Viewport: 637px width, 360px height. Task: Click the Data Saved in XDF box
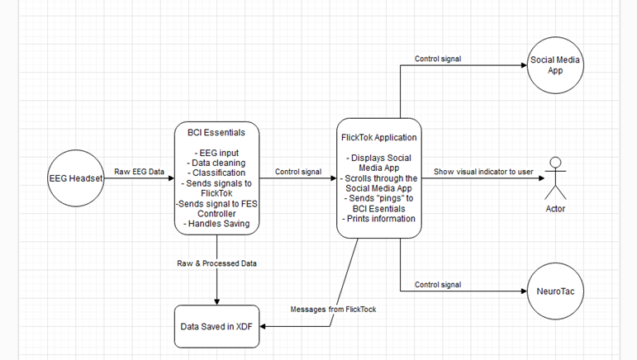(216, 327)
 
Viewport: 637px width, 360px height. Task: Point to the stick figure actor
(555, 178)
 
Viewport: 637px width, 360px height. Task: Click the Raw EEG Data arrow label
(140, 171)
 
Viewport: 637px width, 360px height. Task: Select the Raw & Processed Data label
(216, 263)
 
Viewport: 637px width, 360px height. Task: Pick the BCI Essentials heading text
(216, 132)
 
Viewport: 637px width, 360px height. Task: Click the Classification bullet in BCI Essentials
(216, 173)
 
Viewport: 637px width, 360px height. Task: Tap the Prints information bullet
(378, 219)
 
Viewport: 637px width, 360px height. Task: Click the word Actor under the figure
(555, 209)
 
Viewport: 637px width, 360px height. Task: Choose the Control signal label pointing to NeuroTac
(437, 284)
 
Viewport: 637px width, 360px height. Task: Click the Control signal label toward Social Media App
(437, 59)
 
